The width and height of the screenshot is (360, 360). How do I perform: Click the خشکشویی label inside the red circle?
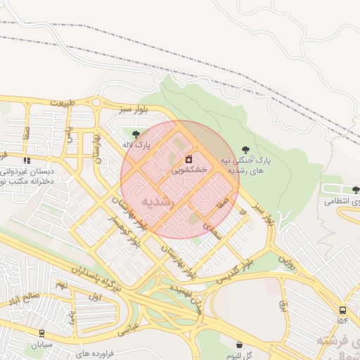pyautogui.click(x=189, y=170)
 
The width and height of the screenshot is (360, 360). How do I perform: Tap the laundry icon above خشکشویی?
pyautogui.click(x=188, y=159)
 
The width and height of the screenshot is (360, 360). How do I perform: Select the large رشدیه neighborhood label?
pyautogui.click(x=157, y=201)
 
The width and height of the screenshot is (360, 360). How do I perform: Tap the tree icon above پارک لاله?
pyautogui.click(x=135, y=134)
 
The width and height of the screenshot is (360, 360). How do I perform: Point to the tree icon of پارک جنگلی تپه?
pyautogui.click(x=245, y=149)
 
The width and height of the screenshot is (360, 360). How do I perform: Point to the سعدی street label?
pyautogui.click(x=212, y=233)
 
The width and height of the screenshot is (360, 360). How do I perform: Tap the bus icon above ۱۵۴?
pyautogui.click(x=342, y=310)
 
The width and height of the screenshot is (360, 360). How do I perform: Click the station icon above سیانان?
pyautogui.click(x=41, y=333)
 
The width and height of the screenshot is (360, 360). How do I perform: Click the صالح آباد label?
pyautogui.click(x=24, y=300)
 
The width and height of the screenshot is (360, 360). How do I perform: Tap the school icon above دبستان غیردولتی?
pyautogui.click(x=27, y=161)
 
